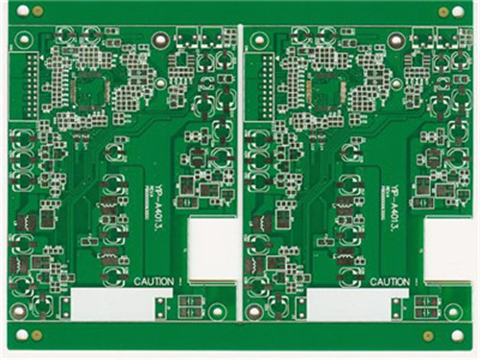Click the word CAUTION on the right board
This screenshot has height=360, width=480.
pos(387,280)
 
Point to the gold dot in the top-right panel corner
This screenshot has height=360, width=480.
pos(444,12)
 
